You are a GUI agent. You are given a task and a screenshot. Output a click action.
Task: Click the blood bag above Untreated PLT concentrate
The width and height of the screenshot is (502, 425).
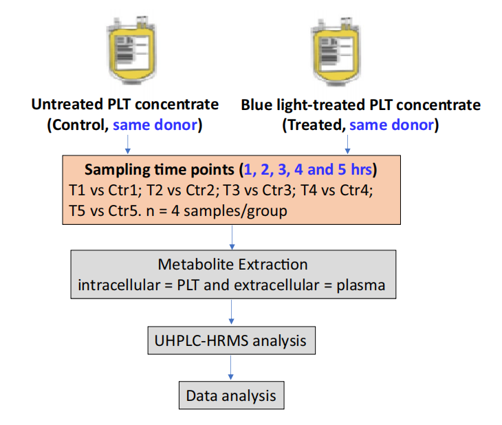click(131, 50)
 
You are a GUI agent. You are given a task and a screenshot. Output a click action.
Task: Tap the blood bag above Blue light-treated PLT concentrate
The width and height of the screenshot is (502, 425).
click(336, 52)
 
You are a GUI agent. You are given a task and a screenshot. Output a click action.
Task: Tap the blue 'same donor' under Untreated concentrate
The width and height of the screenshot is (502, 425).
click(155, 124)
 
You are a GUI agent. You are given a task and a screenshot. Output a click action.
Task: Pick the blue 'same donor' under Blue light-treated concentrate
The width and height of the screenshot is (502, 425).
click(391, 124)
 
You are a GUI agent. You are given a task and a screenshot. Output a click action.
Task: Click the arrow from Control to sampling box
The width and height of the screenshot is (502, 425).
click(128, 144)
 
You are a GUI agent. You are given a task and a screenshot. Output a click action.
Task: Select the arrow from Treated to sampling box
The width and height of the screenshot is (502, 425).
click(347, 144)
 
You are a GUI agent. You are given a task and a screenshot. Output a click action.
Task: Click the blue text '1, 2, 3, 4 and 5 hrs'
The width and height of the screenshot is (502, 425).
click(307, 169)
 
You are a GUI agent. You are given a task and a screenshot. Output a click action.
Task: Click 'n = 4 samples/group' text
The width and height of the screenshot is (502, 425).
click(217, 211)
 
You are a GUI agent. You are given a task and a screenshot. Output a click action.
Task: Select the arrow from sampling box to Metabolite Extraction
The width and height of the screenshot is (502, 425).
click(232, 237)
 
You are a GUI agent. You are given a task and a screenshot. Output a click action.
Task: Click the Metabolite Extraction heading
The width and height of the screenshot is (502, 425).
click(232, 264)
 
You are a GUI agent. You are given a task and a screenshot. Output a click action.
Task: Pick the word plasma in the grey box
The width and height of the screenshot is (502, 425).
click(361, 285)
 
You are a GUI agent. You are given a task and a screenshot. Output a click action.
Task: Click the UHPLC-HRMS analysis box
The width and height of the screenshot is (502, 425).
click(232, 340)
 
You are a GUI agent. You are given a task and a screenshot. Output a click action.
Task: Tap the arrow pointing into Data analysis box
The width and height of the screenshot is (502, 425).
click(231, 368)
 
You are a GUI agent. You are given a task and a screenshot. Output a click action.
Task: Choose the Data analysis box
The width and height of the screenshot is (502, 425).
click(232, 395)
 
